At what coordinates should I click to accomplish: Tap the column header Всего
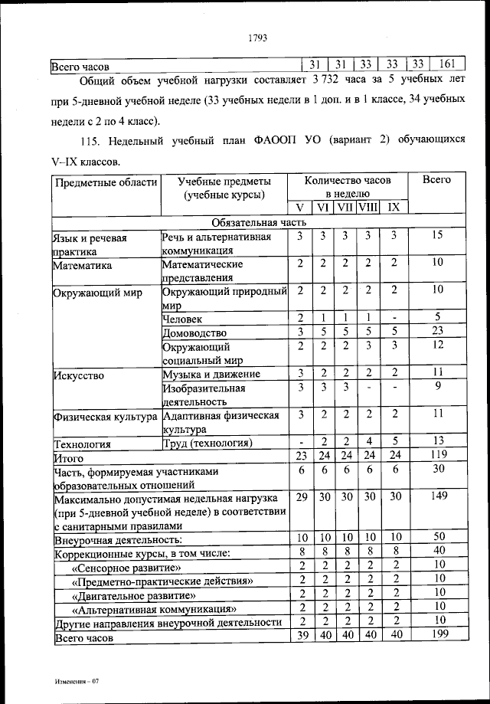coord(437,180)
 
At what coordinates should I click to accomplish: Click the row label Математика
coord(82,265)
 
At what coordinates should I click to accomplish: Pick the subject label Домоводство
coord(194,332)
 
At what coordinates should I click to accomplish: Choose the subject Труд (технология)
coord(207,444)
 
